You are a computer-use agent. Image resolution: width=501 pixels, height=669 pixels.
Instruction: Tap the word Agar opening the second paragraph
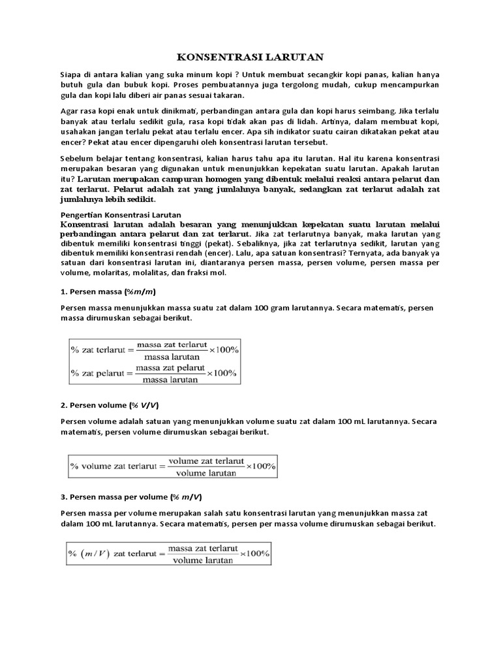pos(70,111)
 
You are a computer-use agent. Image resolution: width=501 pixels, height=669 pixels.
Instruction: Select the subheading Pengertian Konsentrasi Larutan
pos(120,214)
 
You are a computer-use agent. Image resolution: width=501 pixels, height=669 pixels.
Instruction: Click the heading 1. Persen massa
pos(108,291)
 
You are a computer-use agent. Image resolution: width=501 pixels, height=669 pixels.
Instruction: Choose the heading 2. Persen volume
pos(111,406)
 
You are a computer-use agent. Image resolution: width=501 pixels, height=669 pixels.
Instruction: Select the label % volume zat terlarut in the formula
pos(115,466)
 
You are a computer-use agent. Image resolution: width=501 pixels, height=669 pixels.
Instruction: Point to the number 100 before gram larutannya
pos(267,307)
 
